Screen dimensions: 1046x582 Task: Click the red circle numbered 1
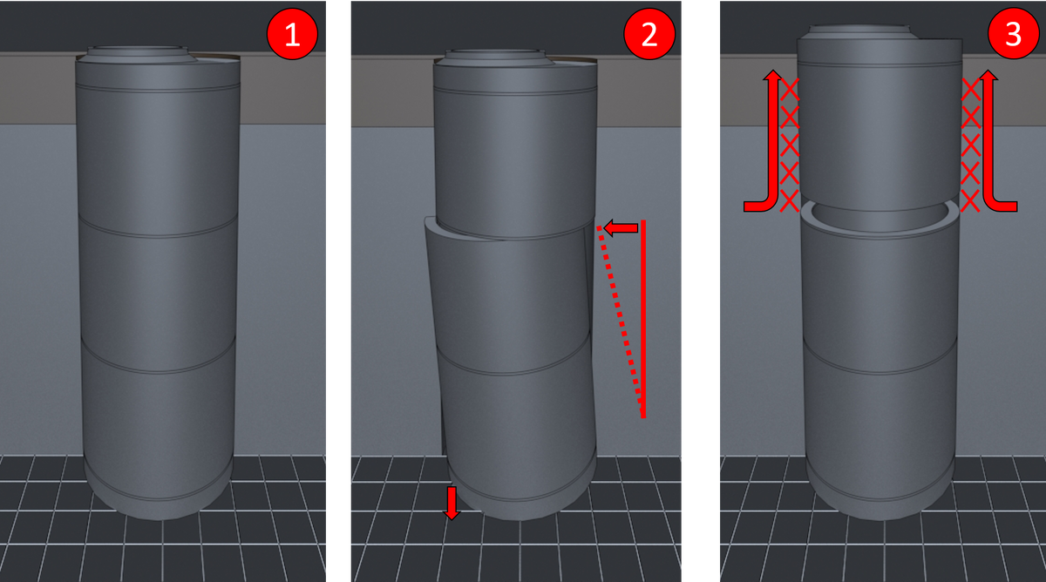[x=292, y=34]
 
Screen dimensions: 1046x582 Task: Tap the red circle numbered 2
[x=649, y=34]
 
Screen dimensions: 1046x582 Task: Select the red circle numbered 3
[x=1013, y=33]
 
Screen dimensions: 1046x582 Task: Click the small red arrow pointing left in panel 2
[x=621, y=227]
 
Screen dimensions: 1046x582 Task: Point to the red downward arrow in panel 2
[x=452, y=503]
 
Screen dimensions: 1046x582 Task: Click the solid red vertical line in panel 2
[x=643, y=319]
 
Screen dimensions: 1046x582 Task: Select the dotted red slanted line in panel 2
[x=620, y=320]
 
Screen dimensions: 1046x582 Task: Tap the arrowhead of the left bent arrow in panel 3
[x=773, y=75]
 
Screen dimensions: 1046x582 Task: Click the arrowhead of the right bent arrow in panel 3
[x=988, y=75]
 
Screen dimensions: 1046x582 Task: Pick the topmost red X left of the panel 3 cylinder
[x=789, y=89]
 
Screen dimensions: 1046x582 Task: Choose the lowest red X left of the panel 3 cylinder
[x=789, y=201]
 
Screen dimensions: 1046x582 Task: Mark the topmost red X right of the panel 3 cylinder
[x=971, y=89]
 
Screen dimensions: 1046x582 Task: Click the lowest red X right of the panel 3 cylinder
[x=970, y=201]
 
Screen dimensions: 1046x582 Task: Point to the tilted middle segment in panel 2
[x=509, y=299]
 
